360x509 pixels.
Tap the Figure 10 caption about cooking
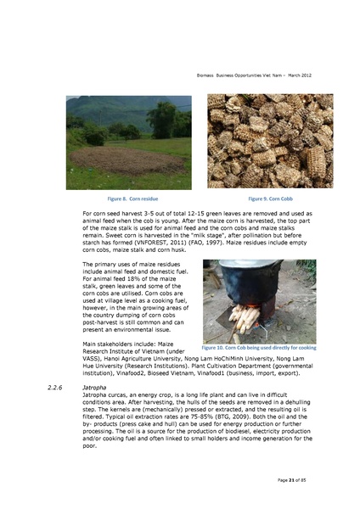(259, 348)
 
